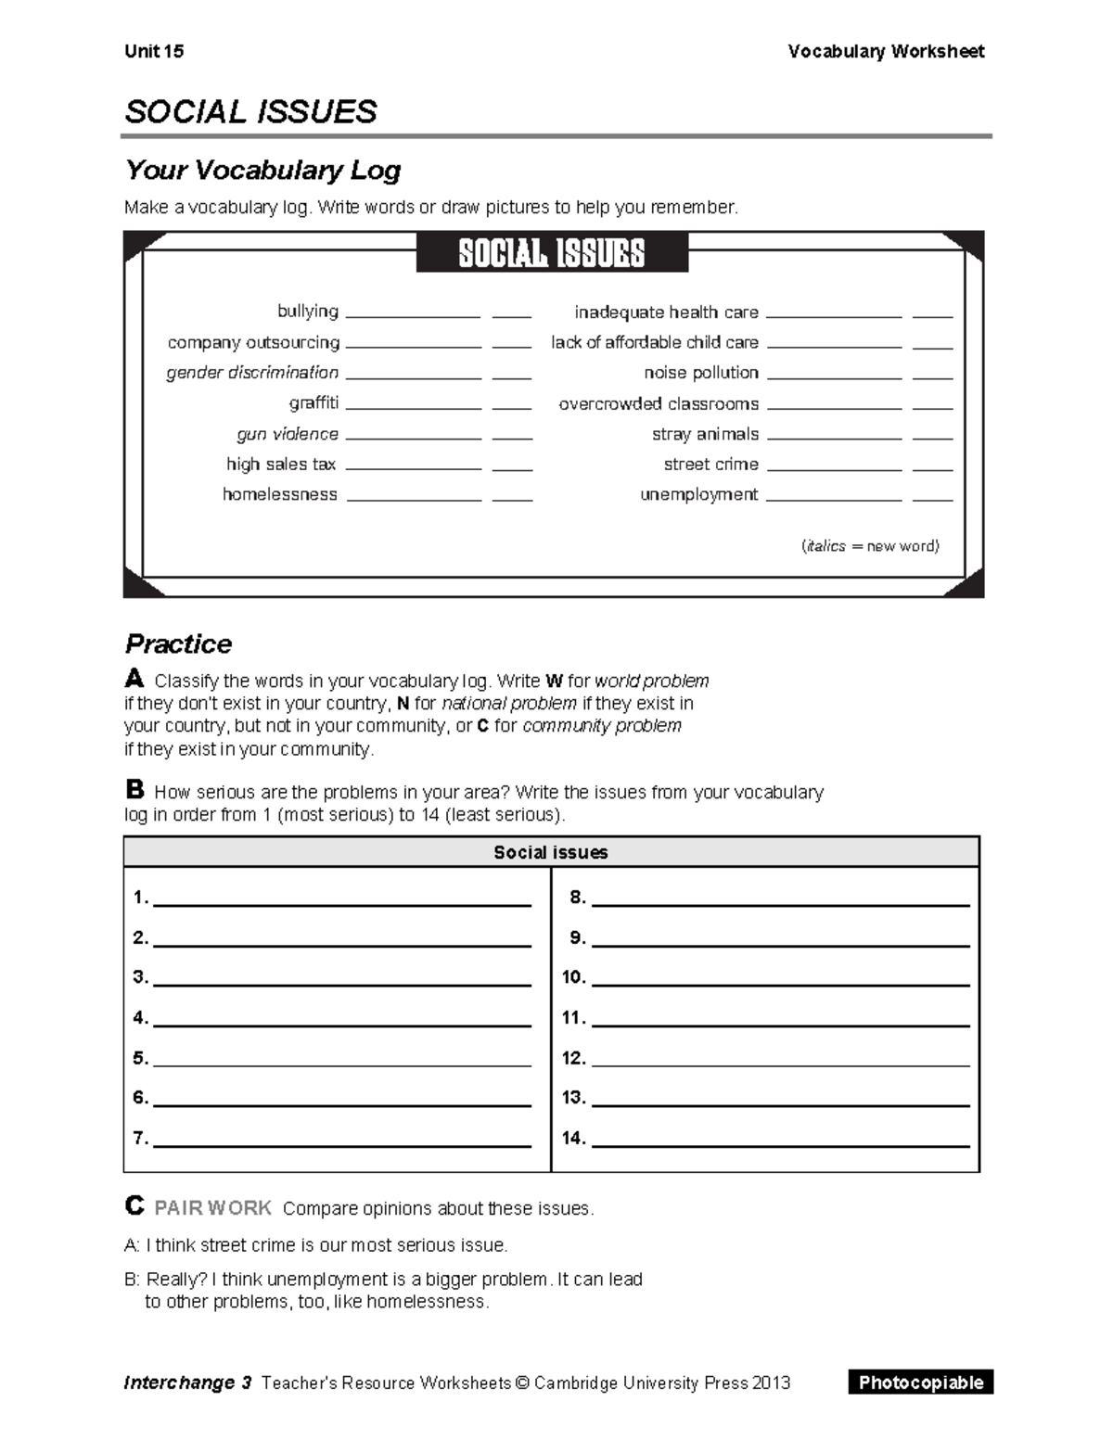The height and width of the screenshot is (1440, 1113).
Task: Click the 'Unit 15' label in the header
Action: (154, 51)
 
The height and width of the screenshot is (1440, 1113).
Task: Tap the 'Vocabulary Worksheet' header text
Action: (886, 51)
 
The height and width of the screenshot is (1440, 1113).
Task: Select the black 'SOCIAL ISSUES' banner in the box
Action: (552, 253)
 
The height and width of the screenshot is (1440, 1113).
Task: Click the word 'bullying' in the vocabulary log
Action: (308, 311)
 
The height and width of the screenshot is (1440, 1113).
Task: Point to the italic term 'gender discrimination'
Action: (252, 372)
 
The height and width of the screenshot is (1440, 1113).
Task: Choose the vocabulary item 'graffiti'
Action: (313, 402)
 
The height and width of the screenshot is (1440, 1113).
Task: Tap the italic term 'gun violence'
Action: (288, 434)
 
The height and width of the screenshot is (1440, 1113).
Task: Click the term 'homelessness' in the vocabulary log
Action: (280, 494)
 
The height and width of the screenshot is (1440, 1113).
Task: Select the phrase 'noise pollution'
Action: (701, 372)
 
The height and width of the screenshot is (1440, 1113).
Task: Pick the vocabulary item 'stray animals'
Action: (705, 434)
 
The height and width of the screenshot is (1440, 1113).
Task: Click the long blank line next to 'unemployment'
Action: (834, 499)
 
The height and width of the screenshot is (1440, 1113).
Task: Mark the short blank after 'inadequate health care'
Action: (932, 316)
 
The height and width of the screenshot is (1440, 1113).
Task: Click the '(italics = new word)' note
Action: (870, 546)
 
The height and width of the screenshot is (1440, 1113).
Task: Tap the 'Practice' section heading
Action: (178, 644)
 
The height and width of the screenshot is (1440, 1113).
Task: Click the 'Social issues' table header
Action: (551, 852)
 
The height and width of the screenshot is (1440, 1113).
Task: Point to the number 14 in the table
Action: (573, 1138)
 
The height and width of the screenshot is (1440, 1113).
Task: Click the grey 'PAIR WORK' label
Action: (212, 1208)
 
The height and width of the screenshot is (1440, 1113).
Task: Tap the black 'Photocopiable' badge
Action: (920, 1383)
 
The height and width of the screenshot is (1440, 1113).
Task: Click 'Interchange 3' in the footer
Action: (188, 1383)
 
